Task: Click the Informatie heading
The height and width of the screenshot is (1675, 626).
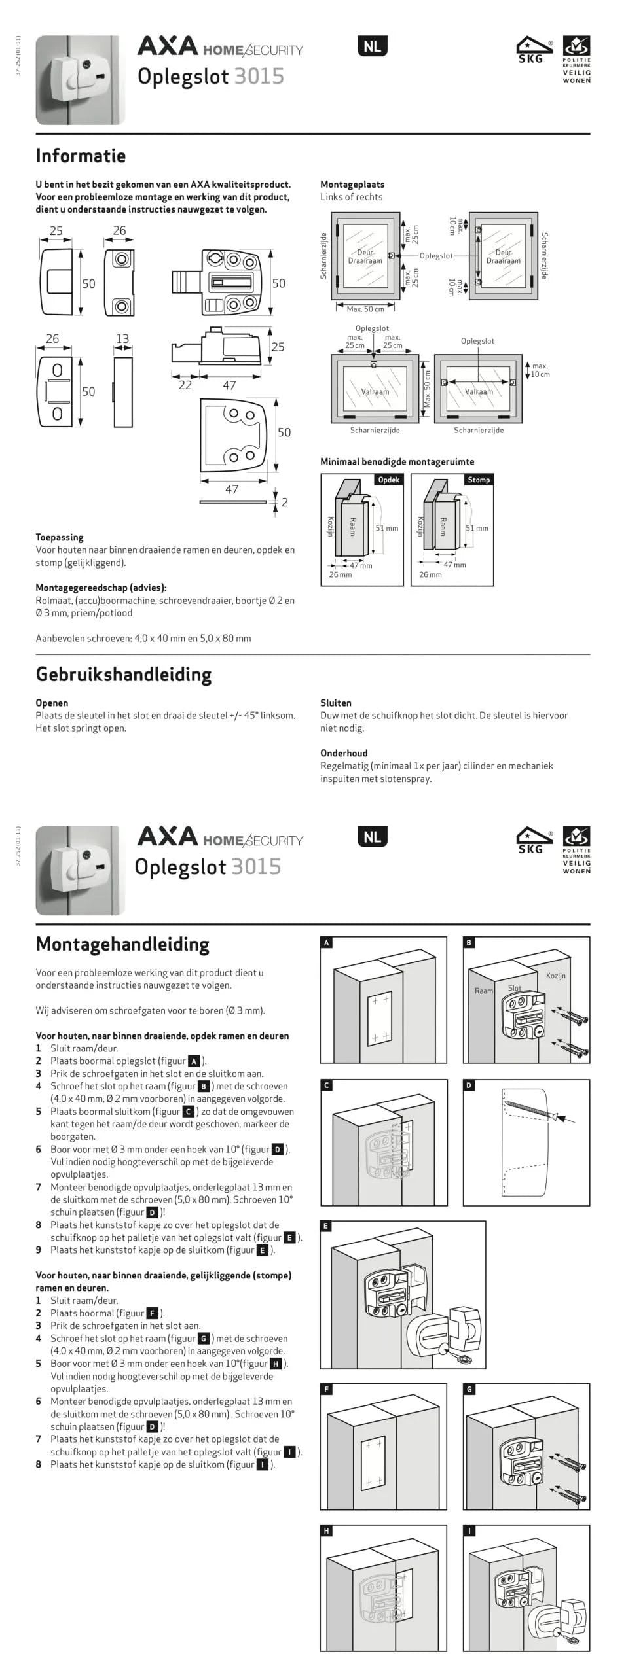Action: [x=81, y=156]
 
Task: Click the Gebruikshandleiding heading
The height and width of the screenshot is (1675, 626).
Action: [x=123, y=675]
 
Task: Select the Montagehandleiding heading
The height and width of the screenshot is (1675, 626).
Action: [x=122, y=944]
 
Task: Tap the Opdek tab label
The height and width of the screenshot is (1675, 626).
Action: [x=388, y=480]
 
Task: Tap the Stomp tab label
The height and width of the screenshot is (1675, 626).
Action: [x=478, y=480]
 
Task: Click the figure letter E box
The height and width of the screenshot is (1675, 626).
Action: [x=326, y=1225]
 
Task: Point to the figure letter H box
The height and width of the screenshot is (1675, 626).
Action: [x=326, y=1530]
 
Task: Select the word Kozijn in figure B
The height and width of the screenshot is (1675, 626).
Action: [x=555, y=976]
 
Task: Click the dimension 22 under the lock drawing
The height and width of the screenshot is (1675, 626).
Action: [x=185, y=385]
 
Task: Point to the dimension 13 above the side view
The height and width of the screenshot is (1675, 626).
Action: [x=122, y=338]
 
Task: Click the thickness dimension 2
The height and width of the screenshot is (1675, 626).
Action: [x=284, y=502]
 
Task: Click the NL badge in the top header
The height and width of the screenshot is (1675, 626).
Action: [x=373, y=46]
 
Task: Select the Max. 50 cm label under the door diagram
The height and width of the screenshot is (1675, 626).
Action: [x=365, y=309]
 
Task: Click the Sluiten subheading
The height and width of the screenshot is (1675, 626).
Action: [x=335, y=703]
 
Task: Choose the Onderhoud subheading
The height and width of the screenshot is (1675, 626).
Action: [x=344, y=753]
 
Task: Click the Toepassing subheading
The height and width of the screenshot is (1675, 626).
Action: [x=60, y=537]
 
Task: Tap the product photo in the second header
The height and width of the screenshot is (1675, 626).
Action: [x=79, y=870]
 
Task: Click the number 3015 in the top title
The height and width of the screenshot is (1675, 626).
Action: [x=259, y=77]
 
